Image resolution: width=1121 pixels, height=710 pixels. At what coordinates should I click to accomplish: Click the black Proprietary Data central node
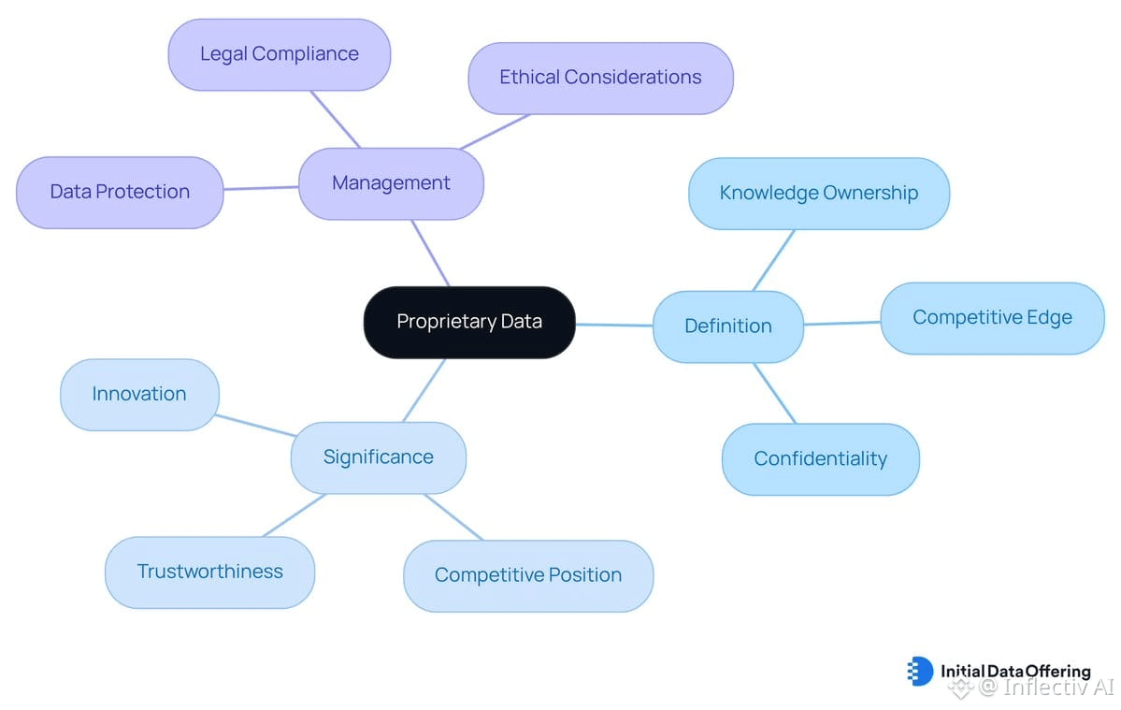tap(469, 323)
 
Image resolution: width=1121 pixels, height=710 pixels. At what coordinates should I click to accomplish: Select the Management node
tap(391, 183)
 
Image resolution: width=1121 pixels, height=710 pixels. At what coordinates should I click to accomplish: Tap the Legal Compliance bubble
tap(280, 54)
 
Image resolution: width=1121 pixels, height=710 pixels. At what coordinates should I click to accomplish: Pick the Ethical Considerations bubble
tap(600, 78)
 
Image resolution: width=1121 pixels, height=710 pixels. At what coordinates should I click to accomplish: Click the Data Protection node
tap(120, 193)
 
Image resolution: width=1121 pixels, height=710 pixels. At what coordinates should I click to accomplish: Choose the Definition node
tap(728, 326)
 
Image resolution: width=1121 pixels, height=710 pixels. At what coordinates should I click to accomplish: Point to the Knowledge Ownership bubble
tap(819, 194)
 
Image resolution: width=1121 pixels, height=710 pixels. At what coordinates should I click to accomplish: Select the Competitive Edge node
tap(992, 318)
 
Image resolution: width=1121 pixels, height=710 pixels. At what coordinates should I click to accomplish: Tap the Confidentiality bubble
tap(821, 459)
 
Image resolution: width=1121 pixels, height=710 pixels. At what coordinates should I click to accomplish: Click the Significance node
tap(379, 457)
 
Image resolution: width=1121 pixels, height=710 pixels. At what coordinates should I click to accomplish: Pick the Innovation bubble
tap(139, 395)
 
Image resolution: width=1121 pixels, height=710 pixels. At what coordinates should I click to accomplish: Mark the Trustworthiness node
tap(210, 572)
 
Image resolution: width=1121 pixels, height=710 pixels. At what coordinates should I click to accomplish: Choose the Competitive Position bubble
tap(528, 575)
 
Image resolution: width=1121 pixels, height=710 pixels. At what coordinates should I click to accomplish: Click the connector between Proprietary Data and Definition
tap(614, 325)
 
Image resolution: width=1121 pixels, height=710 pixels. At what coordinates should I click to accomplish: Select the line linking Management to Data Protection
tap(261, 188)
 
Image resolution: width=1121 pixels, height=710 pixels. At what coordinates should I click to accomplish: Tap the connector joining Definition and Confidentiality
tap(774, 393)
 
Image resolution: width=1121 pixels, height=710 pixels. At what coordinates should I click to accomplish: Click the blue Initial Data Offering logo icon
tap(920, 671)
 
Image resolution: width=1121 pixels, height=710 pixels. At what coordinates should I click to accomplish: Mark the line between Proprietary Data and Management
tap(430, 254)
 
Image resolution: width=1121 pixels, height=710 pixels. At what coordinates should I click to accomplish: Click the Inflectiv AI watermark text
tap(1046, 688)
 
